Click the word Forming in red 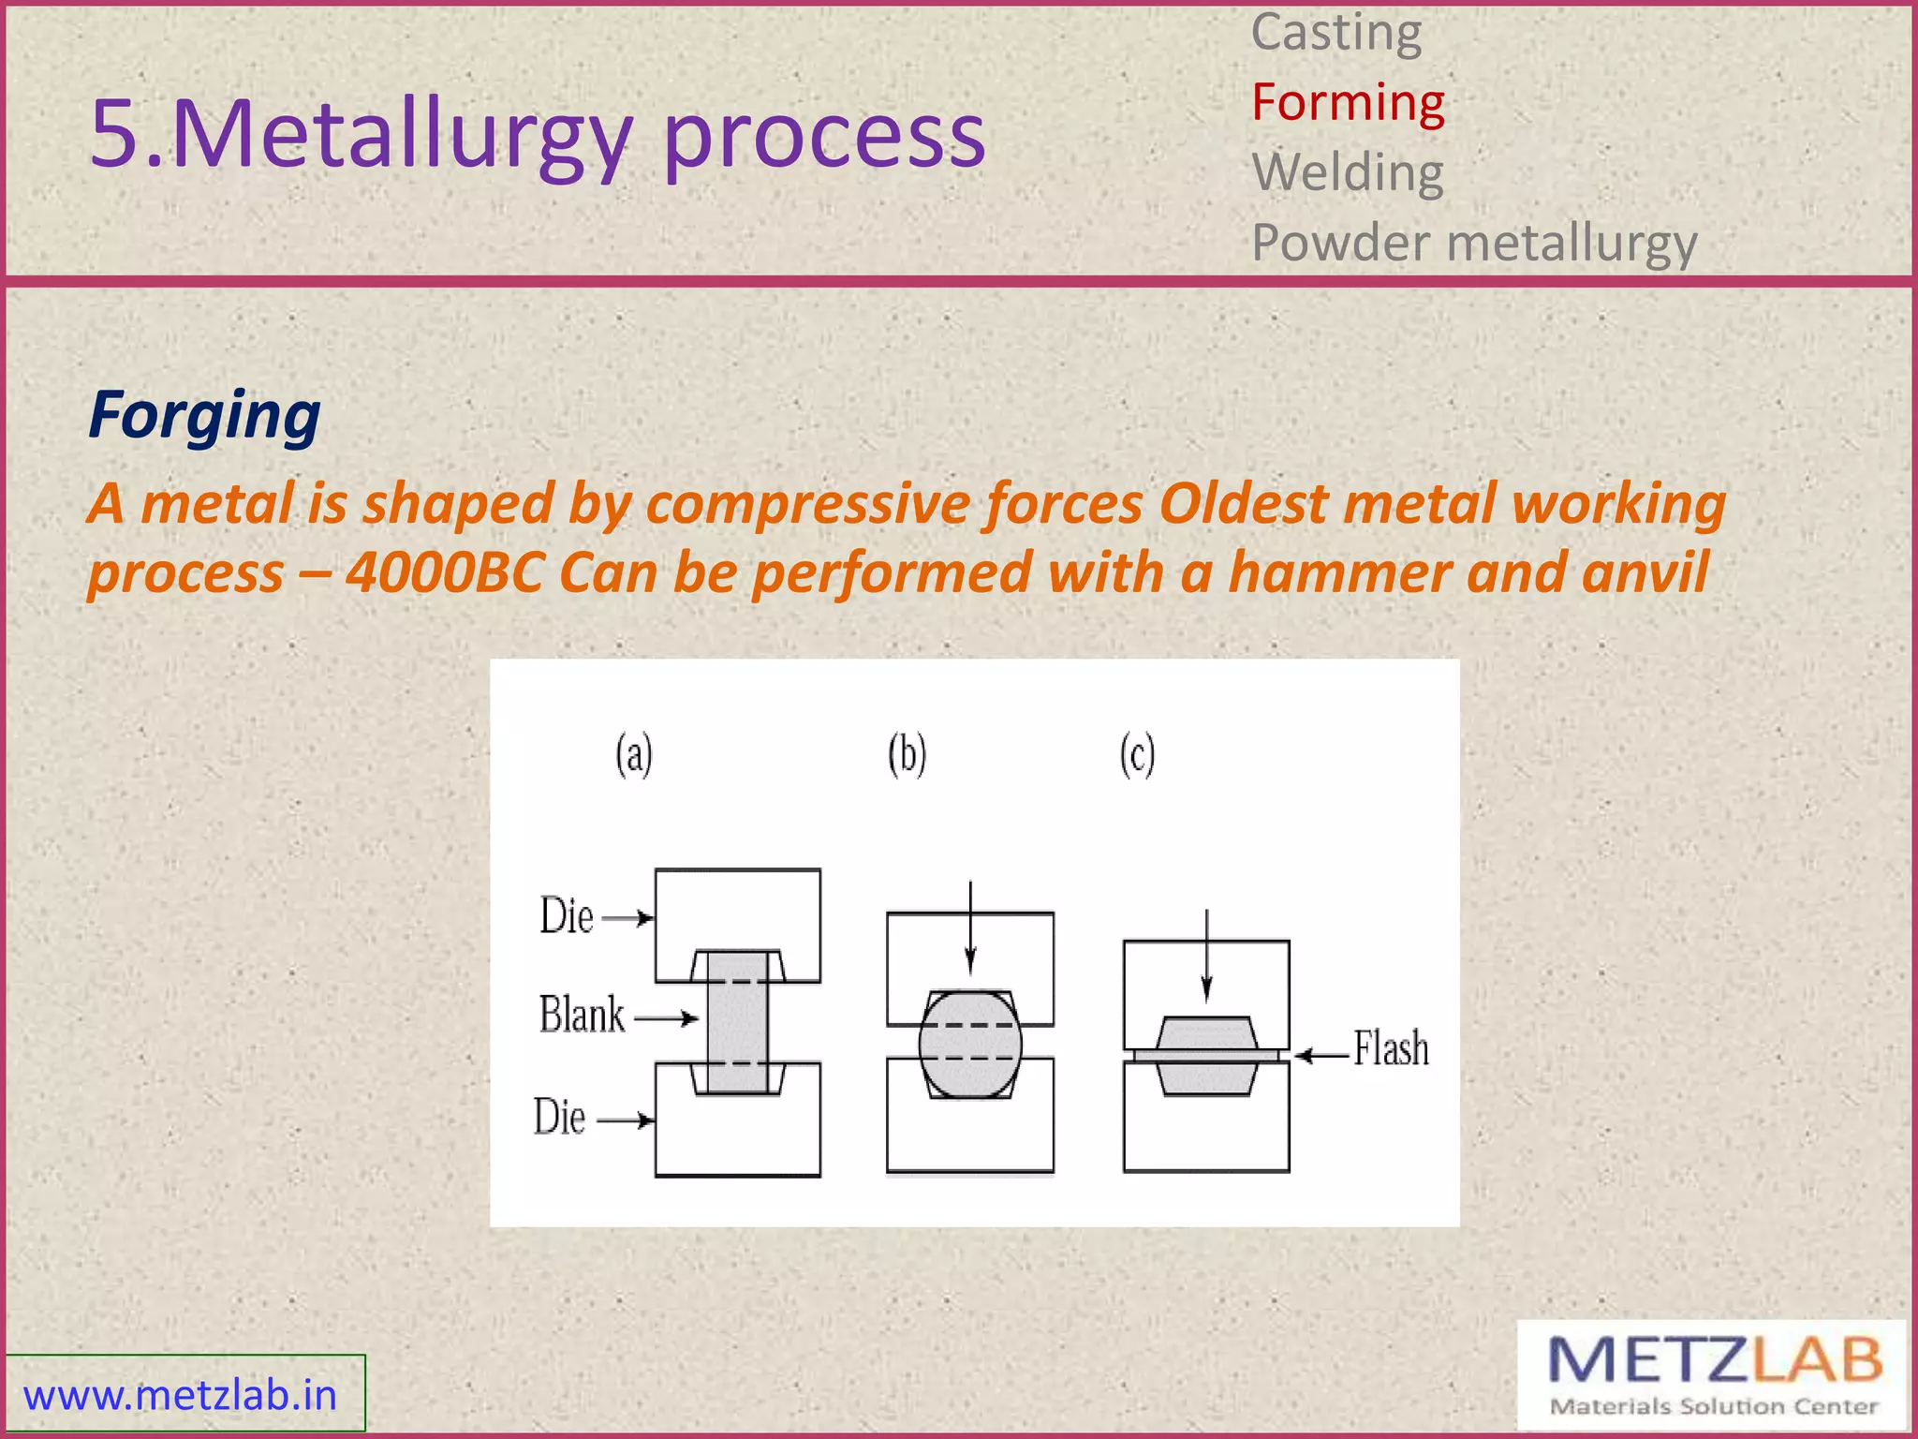point(1348,103)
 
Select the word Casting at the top point(1336,34)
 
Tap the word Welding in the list point(1348,173)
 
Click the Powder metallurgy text point(1474,244)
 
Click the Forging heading point(204,415)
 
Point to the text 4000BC point(445,572)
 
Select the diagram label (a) point(634,755)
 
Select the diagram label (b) point(907,755)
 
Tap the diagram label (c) point(1137,755)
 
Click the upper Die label point(567,916)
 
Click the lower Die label point(560,1118)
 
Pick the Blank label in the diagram point(582,1016)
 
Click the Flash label point(1391,1049)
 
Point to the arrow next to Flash point(1321,1056)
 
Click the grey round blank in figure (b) point(969,1044)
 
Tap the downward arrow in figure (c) point(1206,956)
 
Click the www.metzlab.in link point(180,1395)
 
